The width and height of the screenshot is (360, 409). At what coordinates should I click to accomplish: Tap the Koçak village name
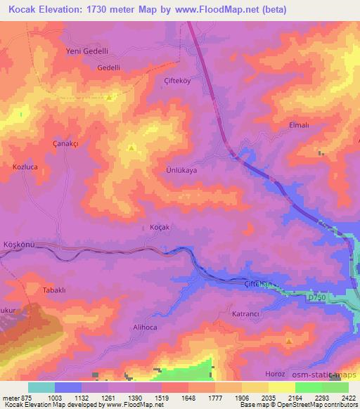(160, 228)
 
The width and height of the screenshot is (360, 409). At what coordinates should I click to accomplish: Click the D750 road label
(318, 299)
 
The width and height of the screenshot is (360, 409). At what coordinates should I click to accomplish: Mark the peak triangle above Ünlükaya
(131, 148)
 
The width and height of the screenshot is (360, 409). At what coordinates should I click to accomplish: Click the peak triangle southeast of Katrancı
(289, 342)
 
